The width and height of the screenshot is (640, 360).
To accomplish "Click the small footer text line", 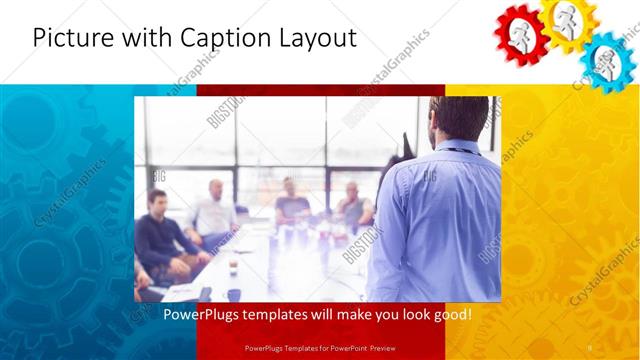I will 319,348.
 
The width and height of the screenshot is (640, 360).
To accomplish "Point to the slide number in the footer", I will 589,348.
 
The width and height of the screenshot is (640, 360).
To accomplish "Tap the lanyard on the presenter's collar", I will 457,150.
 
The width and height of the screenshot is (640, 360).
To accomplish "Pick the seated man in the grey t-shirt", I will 292,205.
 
